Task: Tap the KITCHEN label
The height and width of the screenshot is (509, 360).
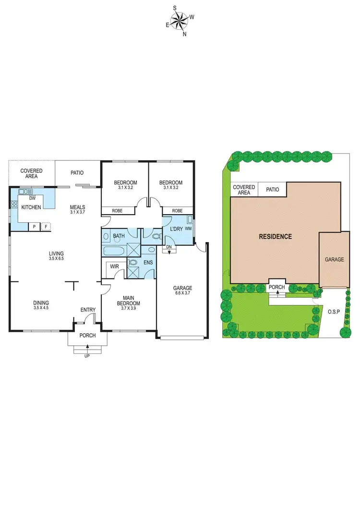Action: click(31, 207)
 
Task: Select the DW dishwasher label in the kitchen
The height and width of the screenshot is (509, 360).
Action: click(33, 198)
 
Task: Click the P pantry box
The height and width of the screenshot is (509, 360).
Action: click(34, 227)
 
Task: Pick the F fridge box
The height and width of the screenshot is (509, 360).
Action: click(46, 227)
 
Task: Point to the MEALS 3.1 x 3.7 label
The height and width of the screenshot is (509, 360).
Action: click(77, 209)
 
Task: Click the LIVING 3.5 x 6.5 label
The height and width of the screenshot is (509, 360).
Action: click(56, 256)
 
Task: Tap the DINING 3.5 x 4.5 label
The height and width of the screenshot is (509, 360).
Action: click(41, 305)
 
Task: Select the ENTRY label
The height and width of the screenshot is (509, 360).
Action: click(88, 310)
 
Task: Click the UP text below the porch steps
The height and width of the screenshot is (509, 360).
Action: click(87, 355)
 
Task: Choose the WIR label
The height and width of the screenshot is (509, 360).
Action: click(114, 266)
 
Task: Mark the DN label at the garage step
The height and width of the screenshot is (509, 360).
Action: click(169, 247)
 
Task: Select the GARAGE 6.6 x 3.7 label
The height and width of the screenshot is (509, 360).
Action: click(183, 291)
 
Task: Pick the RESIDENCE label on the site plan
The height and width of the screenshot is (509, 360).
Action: click(275, 236)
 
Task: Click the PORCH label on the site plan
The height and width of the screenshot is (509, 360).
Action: click(277, 287)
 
